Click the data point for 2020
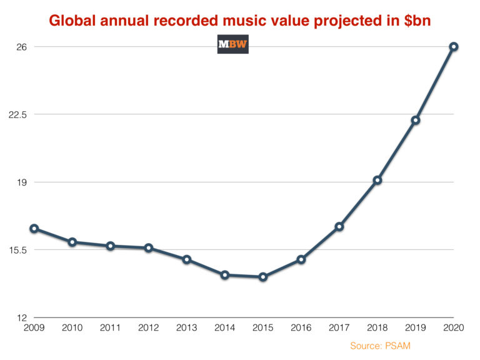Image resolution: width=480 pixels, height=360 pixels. coord(454,47)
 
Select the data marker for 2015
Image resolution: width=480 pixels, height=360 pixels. coord(263,277)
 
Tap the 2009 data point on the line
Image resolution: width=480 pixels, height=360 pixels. coord(34,229)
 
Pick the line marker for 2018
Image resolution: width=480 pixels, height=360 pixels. coord(377,181)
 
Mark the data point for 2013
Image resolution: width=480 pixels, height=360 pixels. coord(187,259)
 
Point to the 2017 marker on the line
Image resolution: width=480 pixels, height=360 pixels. coord(339,227)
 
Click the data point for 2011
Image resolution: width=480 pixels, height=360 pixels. coord(111,246)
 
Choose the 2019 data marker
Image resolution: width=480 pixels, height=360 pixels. coord(416,120)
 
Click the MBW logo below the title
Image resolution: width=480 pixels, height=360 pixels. coord(232,44)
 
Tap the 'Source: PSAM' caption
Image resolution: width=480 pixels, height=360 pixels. coord(380,346)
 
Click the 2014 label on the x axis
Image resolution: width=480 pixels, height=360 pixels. coord(225,327)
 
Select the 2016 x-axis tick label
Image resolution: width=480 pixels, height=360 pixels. coord(301,327)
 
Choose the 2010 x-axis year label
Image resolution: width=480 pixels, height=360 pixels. coord(72,327)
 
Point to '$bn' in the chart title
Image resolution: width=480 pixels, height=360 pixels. coord(415,21)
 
